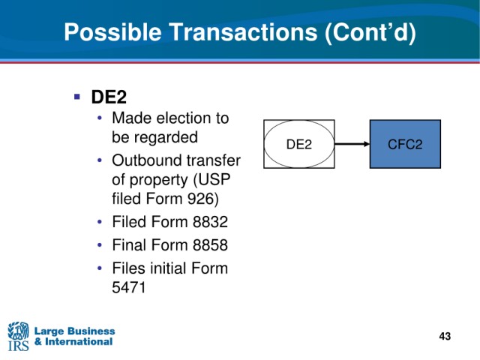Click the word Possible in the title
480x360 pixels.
click(x=112, y=32)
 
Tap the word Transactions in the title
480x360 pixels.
click(x=243, y=31)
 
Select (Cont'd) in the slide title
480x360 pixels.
click(x=370, y=32)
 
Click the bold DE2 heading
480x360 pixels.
click(x=109, y=97)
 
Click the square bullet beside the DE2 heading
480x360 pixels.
click(x=76, y=97)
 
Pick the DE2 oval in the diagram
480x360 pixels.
click(x=299, y=144)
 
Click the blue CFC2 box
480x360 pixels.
click(x=405, y=144)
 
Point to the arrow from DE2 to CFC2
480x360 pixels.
click(x=352, y=144)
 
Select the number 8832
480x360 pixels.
click(x=210, y=222)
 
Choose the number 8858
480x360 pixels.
click(x=210, y=245)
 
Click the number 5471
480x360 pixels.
click(x=128, y=287)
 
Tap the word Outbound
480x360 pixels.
click(x=146, y=160)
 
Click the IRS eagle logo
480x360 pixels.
click(x=18, y=336)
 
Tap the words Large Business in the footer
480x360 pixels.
click(x=75, y=331)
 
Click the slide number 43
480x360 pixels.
click(x=445, y=336)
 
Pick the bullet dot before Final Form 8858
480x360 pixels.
click(x=100, y=245)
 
